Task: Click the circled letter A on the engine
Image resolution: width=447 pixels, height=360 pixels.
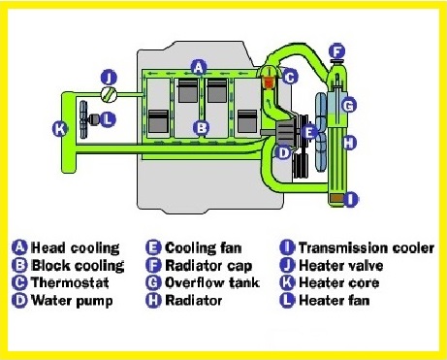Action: (199, 68)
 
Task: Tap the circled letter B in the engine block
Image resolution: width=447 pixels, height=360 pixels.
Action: (201, 127)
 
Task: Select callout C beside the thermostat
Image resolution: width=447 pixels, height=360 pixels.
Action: (290, 77)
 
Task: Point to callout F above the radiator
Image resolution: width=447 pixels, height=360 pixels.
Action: (337, 51)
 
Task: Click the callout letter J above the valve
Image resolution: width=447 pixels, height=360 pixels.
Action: (109, 78)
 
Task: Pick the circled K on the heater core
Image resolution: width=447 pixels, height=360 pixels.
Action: (60, 129)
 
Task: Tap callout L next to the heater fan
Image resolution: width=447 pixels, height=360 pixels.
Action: (108, 119)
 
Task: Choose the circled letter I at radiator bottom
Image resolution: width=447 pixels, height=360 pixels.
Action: (350, 199)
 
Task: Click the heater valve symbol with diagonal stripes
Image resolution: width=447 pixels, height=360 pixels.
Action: (109, 95)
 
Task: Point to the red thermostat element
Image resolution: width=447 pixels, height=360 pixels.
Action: (269, 82)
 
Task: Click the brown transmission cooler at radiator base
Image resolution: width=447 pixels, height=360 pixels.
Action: (336, 198)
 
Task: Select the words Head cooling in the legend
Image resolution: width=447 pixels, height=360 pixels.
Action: (76, 247)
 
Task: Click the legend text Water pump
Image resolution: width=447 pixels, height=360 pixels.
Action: (72, 301)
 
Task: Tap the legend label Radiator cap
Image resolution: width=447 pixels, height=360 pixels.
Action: (208, 266)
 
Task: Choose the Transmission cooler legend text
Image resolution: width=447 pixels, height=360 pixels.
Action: (367, 247)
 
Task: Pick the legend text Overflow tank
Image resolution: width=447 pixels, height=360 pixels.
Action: (212, 282)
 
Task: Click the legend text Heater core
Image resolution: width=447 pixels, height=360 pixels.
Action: (339, 282)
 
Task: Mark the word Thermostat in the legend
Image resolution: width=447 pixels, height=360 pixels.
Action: (70, 282)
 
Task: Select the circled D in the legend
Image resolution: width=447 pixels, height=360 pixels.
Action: (19, 300)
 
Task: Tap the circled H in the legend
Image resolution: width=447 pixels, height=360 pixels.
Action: (153, 300)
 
